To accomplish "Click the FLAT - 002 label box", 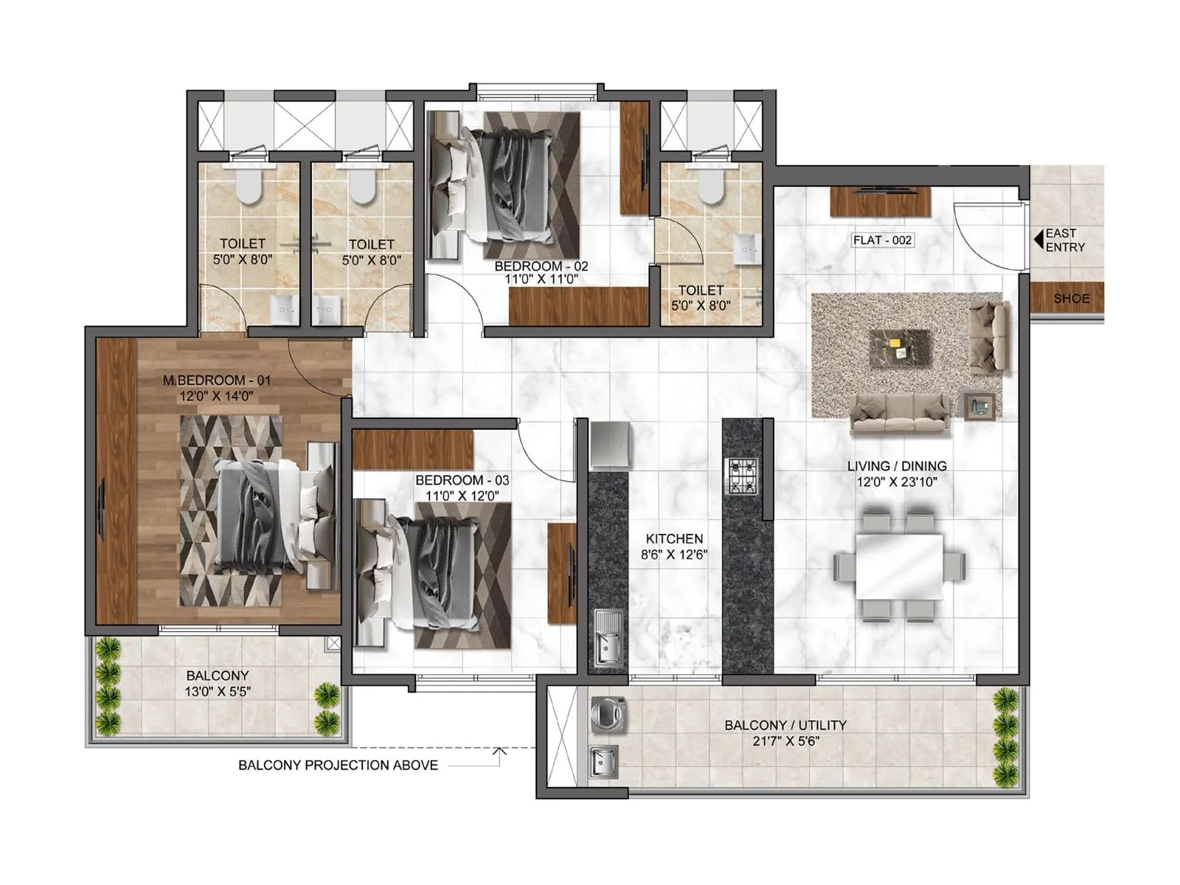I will pos(882,240).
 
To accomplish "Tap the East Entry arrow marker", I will pos(1038,239).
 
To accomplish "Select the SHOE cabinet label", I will pos(1071,299).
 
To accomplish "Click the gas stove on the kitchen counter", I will pos(743,476).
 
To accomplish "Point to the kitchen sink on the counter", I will pos(608,639).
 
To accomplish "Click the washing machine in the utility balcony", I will pos(608,714).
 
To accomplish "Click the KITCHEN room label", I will pos(674,539).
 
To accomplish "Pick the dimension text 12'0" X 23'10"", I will pos(896,482).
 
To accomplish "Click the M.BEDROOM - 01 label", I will pos(217,381).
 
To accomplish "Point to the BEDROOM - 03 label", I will pos(462,480).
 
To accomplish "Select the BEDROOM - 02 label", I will pos(541,266).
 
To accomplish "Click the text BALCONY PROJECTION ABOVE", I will pos(338,766).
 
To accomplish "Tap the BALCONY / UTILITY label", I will pos(785,726).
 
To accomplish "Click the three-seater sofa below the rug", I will pos(900,413).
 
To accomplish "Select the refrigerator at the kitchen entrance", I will pos(610,445).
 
